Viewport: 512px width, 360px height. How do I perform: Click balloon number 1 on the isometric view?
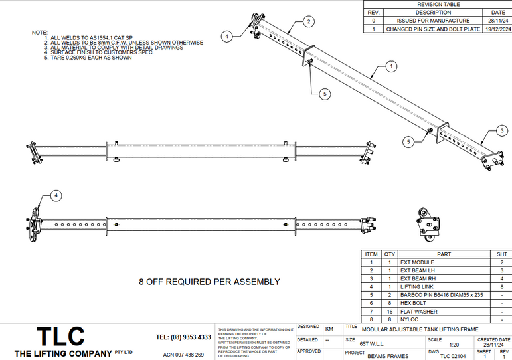[x=392, y=66]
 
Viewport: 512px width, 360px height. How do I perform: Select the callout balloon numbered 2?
[x=309, y=21]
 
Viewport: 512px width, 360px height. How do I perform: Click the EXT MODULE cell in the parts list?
[x=415, y=262]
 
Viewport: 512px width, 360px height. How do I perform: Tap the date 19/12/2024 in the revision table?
[x=497, y=29]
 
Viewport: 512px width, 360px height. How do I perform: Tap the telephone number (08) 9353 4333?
[x=183, y=337]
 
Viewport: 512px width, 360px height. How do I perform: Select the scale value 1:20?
[x=454, y=345]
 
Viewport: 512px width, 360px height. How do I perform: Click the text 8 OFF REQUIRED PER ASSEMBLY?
[x=209, y=282]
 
